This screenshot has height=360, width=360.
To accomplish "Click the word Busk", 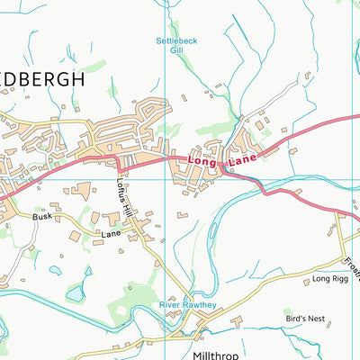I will point(42,217).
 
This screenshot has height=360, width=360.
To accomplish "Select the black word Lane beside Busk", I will point(110,233).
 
